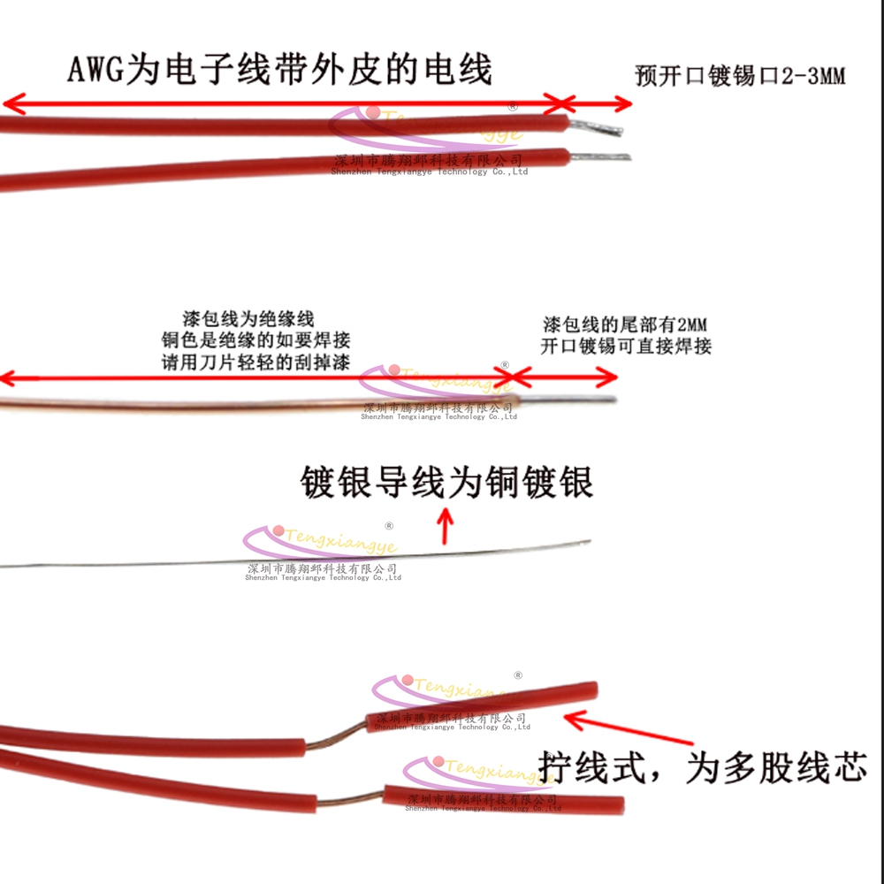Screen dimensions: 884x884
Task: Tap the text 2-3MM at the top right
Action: click(813, 76)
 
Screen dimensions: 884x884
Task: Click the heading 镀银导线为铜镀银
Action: click(446, 484)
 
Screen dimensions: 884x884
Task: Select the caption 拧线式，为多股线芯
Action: click(703, 766)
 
